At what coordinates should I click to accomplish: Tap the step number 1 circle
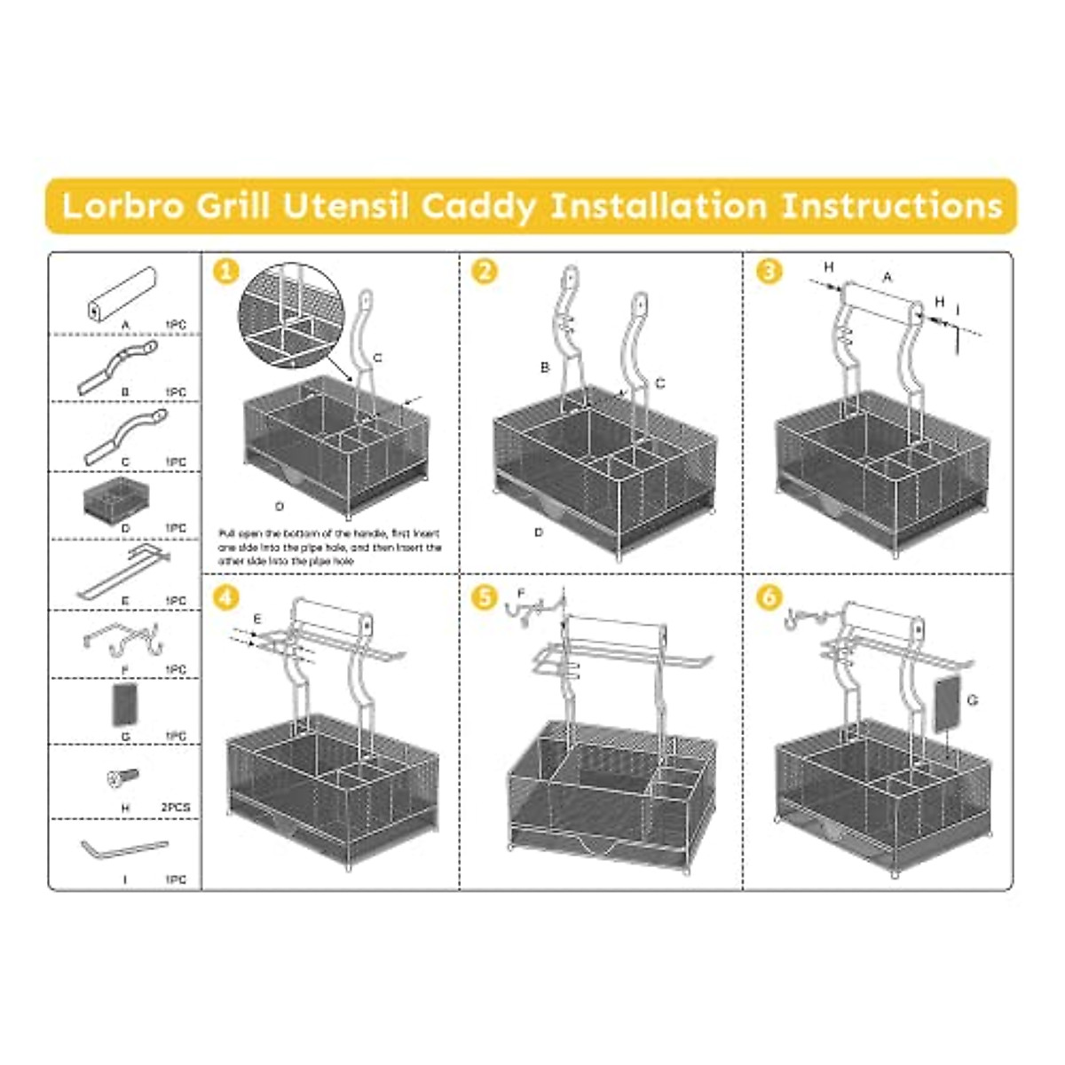pos(226,270)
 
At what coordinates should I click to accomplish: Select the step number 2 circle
pos(484,270)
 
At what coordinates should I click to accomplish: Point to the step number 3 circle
pos(768,270)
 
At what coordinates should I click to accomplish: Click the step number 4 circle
pos(226,597)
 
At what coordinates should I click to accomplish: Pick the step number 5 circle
pos(484,597)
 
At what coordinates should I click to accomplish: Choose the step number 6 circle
pos(768,597)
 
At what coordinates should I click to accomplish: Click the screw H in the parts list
pos(123,778)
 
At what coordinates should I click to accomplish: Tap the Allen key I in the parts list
pos(123,848)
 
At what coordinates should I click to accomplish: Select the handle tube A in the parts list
pos(123,294)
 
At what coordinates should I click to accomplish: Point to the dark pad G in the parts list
pos(124,706)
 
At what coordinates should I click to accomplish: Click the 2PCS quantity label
pos(175,808)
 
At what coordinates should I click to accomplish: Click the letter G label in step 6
pos(973,701)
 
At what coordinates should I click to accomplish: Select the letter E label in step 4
pos(256,618)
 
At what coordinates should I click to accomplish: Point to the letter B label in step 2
pos(545,367)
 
